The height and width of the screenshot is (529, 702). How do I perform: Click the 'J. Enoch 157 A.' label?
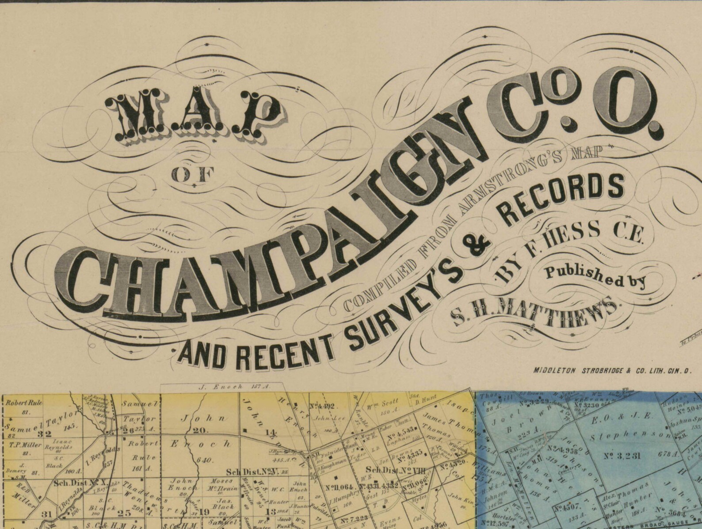click(230, 387)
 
